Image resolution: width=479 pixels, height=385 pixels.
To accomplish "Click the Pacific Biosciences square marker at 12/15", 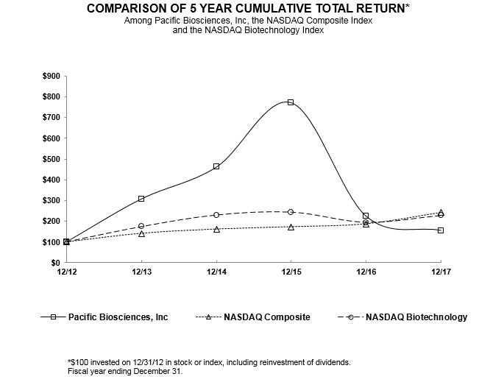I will click(x=291, y=102).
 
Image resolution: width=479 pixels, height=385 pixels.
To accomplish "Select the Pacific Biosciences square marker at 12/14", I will click(x=216, y=166).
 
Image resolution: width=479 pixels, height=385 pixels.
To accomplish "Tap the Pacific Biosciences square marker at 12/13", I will click(x=141, y=199).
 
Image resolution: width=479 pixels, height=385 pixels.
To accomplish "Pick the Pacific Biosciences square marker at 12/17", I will click(x=441, y=230).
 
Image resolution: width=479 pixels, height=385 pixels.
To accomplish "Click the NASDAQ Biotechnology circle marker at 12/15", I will click(x=291, y=212).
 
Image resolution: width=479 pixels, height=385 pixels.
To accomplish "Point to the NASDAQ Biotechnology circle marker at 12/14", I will click(x=216, y=215).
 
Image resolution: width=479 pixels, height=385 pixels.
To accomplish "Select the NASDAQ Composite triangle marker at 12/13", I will click(x=141, y=233).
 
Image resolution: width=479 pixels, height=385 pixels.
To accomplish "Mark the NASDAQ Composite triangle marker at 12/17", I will click(x=441, y=212).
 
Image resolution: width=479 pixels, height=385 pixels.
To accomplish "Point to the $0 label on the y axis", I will click(x=54, y=263).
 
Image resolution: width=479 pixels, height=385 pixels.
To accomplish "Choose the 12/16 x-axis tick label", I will click(x=366, y=272).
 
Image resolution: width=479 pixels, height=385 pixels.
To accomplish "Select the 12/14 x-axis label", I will click(x=216, y=272).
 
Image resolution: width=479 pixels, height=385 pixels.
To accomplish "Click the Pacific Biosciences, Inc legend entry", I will click(x=118, y=317).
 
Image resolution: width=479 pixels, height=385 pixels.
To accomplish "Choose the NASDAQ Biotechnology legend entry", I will click(x=416, y=317).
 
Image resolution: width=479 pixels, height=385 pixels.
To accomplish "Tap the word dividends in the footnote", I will click(x=330, y=362).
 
